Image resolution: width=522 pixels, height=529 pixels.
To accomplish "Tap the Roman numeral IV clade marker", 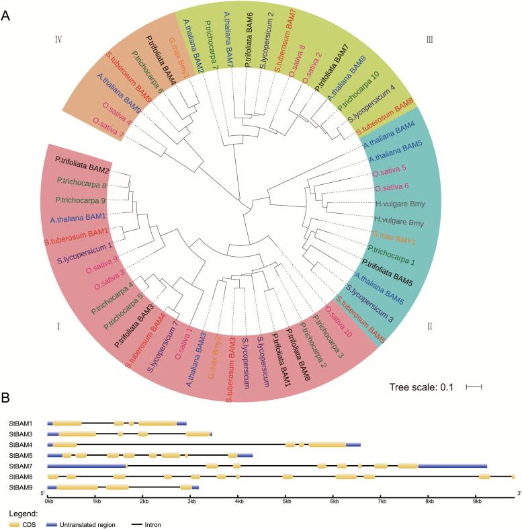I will click(x=58, y=40).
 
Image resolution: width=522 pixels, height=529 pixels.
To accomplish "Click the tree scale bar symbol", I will click(x=475, y=386).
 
